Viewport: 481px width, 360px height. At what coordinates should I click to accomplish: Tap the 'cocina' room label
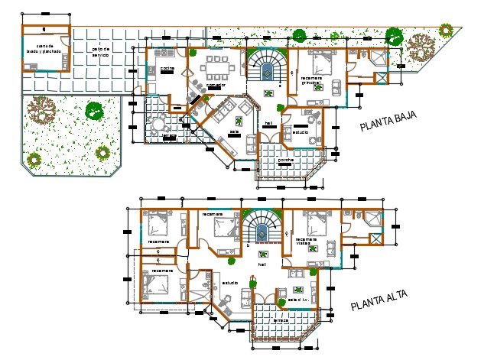[x=166, y=69]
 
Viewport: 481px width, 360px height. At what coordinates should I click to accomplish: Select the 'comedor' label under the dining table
[x=216, y=85]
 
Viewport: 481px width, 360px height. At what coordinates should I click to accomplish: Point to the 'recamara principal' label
[x=312, y=79]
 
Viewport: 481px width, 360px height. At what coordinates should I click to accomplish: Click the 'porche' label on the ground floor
[x=284, y=161]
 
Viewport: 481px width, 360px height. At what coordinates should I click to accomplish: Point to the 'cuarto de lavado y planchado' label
[x=47, y=49]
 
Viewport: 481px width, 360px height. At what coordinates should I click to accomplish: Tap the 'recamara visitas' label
[x=306, y=242]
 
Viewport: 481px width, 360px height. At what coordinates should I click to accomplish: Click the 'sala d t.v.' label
[x=299, y=300]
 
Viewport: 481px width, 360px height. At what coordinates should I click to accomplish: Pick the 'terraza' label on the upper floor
[x=281, y=320]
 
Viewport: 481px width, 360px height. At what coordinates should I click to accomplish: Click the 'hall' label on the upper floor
[x=262, y=264]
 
